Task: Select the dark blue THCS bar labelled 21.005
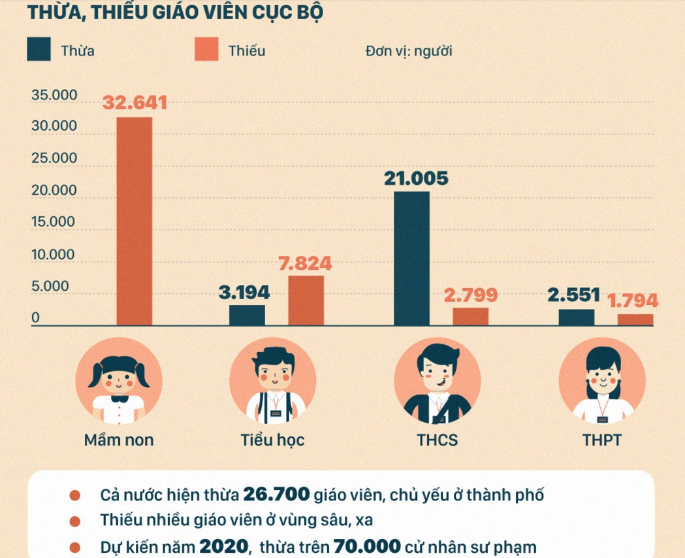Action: point(411,258)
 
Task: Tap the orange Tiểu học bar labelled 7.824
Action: point(306,300)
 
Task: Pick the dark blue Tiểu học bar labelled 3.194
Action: point(247,315)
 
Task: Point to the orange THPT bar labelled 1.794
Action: point(635,320)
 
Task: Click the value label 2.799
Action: point(470,295)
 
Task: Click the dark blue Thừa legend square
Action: point(39,50)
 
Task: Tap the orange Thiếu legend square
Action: point(206,50)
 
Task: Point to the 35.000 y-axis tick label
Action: point(54,95)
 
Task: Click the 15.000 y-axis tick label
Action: point(54,222)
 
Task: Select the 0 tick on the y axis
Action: point(36,318)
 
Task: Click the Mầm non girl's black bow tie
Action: point(119,398)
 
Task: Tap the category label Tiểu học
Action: point(272,440)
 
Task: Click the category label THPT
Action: point(601,440)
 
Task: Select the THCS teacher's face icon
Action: point(438,376)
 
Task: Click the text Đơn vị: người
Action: point(409,50)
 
